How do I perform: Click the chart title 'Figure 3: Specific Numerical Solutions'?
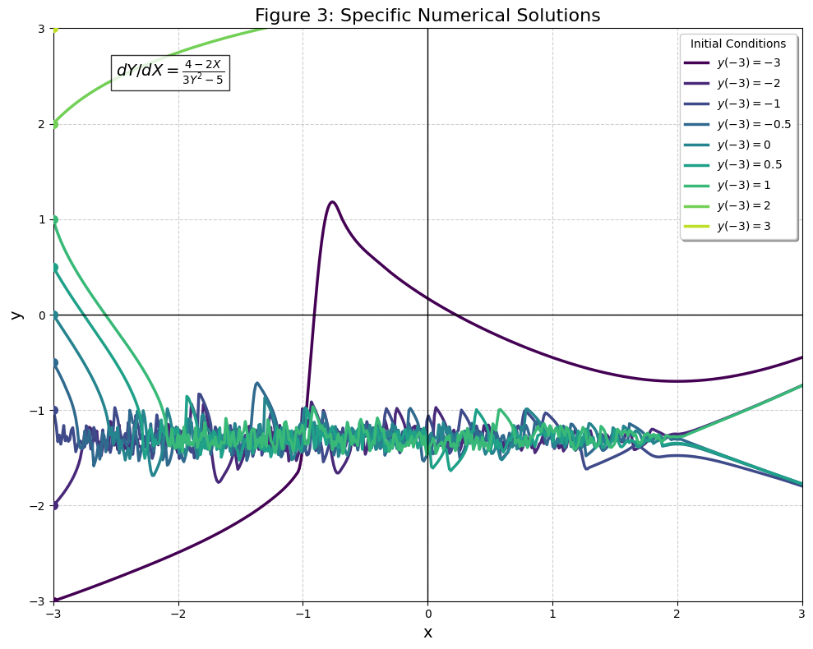[427, 16]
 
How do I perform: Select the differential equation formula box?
[170, 72]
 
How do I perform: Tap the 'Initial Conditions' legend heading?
[738, 44]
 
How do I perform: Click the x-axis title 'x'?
[427, 633]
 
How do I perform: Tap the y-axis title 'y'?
[15, 315]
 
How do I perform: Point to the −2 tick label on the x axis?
[178, 613]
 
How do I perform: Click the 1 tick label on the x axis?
[552, 613]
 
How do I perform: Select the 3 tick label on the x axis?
[802, 613]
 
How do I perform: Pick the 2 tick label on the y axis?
[40, 124]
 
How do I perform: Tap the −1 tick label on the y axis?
[37, 410]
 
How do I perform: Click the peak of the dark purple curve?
[332, 201]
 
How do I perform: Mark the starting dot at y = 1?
[54, 219]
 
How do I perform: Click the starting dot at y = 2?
[54, 124]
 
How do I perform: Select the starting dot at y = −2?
[54, 505]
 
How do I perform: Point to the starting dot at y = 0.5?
[54, 267]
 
